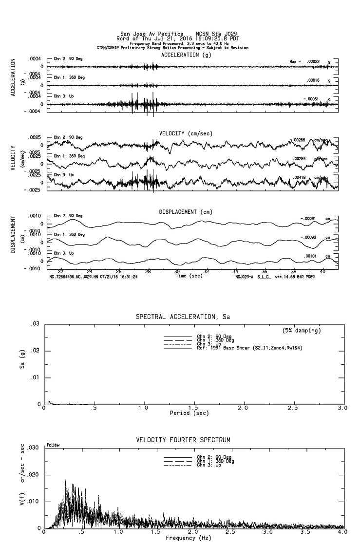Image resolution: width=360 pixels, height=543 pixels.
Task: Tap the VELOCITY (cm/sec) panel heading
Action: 186,133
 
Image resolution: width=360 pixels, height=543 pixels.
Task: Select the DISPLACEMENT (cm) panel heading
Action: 186,212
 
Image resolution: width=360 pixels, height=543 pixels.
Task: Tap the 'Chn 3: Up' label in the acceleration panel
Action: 64,96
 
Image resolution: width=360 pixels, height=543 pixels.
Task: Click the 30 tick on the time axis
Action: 177,271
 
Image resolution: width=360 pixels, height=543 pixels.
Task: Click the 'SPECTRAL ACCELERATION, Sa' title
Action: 183,317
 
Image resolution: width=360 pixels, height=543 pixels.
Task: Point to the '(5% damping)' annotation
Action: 302,330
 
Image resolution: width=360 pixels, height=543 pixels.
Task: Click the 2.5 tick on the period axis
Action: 293,408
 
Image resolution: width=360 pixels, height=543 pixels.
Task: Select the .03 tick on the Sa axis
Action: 35,324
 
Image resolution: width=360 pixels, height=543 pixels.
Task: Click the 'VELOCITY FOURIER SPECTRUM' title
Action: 183,440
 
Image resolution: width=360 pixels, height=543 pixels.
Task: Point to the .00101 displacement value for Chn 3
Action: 312,256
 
